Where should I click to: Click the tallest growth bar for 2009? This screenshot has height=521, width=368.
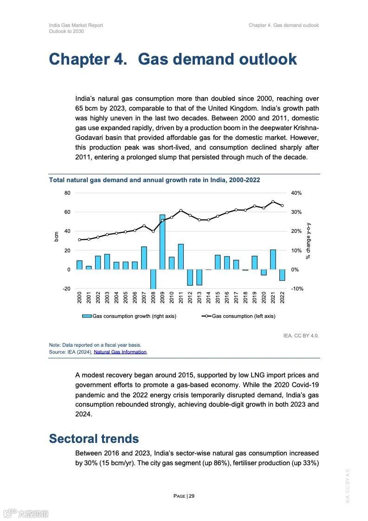(162, 242)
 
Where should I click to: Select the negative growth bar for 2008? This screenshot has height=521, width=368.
(153, 279)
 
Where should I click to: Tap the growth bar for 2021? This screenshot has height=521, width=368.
(273, 259)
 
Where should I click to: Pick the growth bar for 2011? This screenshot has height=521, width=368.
(181, 257)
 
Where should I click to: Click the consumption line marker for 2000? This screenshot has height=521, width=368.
(79, 240)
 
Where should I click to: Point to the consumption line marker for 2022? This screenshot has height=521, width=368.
(282, 205)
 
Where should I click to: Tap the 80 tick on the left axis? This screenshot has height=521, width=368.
(67, 193)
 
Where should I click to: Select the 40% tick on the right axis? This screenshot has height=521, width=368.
(296, 193)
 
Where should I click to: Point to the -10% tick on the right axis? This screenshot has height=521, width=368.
(297, 289)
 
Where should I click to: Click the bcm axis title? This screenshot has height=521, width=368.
(56, 236)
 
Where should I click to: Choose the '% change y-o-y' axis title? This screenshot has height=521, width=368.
(308, 240)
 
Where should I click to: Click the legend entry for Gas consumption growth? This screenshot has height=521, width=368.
(129, 316)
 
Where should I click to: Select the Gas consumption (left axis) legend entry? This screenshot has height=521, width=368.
(239, 316)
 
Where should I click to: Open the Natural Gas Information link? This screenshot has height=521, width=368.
(120, 352)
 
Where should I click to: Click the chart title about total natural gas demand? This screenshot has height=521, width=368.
(155, 180)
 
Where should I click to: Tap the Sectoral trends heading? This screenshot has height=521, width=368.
(94, 439)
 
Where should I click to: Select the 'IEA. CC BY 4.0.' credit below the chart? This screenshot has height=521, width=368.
(301, 336)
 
